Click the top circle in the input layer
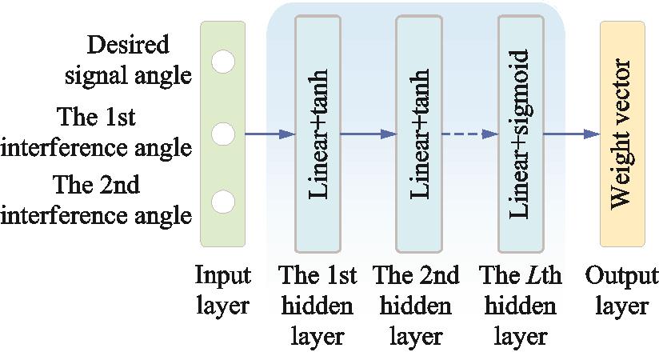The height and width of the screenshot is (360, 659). (x=223, y=61)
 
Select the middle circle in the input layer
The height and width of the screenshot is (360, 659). (x=223, y=134)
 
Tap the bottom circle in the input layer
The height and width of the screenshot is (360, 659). (x=223, y=202)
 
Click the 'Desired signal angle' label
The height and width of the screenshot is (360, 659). (x=140, y=60)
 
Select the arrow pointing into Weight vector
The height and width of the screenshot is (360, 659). (x=572, y=134)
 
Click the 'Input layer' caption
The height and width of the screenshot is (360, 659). (x=222, y=291)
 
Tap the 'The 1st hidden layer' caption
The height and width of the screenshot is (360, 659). (x=318, y=306)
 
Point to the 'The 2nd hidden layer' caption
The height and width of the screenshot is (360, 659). (x=416, y=306)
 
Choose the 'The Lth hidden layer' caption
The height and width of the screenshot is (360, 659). (x=520, y=306)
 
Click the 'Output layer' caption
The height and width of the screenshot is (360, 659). (x=621, y=291)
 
